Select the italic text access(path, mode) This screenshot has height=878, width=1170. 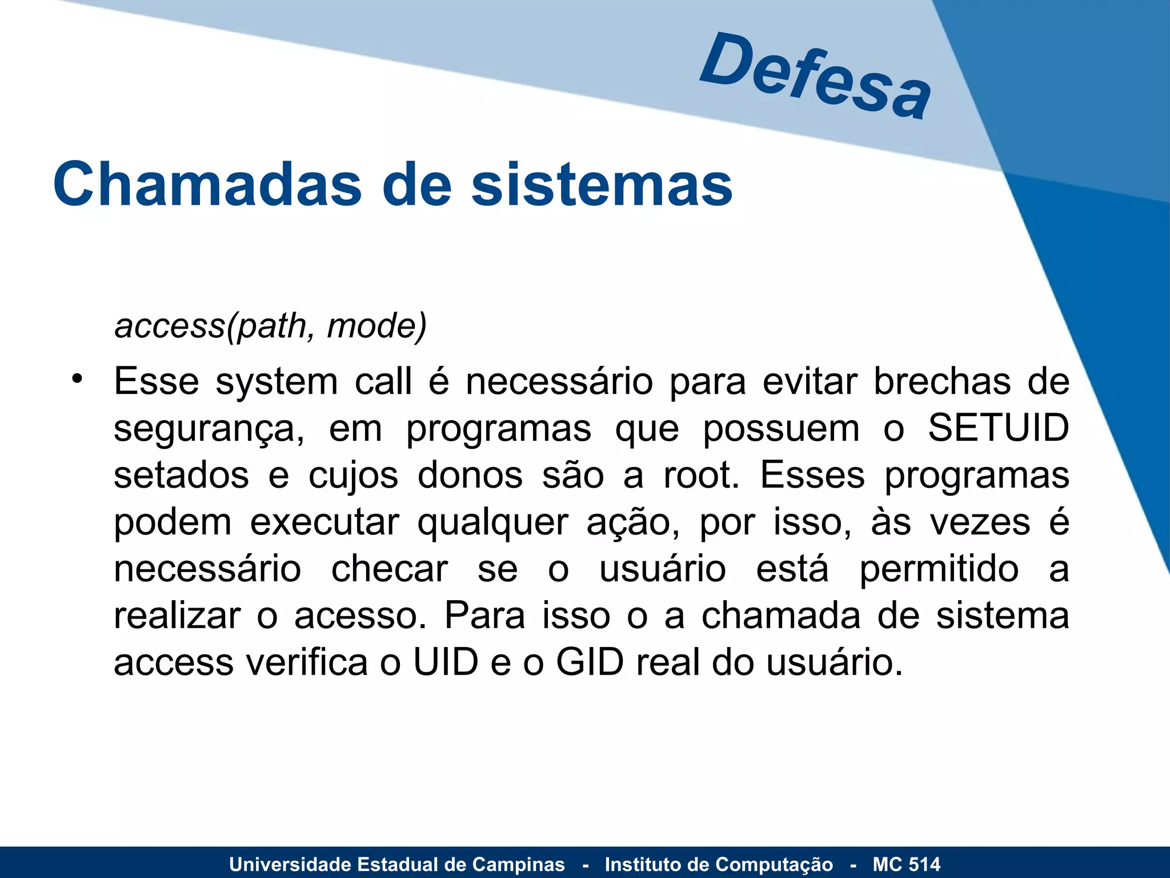point(271,326)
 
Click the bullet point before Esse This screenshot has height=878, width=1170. point(77,379)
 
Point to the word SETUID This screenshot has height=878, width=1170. point(998,428)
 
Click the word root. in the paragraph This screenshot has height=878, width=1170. point(701,475)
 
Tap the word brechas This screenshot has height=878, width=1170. point(942,381)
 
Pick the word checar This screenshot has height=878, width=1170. point(390,569)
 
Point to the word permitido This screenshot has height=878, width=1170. point(939,569)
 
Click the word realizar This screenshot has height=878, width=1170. point(177,616)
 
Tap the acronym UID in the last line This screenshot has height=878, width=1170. point(446,663)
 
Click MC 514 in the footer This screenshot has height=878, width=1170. point(906,864)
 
